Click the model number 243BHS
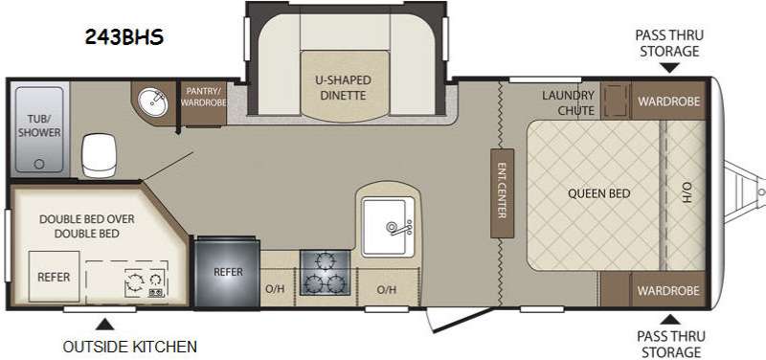(x=124, y=37)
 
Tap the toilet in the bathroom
(x=100, y=155)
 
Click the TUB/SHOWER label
(x=39, y=125)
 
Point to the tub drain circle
(x=39, y=164)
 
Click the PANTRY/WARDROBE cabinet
(x=204, y=103)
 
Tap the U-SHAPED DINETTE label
(x=343, y=87)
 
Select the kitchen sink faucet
(x=397, y=228)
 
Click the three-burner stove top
(x=325, y=273)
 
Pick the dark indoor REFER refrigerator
(x=228, y=272)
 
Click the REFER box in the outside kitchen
(x=54, y=277)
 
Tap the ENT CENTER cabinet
(x=502, y=193)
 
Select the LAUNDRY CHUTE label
(x=568, y=102)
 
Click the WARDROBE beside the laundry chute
(x=668, y=101)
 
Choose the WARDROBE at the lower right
(x=667, y=290)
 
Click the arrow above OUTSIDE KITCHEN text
(x=104, y=325)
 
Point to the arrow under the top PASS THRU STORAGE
(x=669, y=68)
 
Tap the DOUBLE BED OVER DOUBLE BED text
(x=86, y=226)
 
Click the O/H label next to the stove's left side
(x=275, y=289)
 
